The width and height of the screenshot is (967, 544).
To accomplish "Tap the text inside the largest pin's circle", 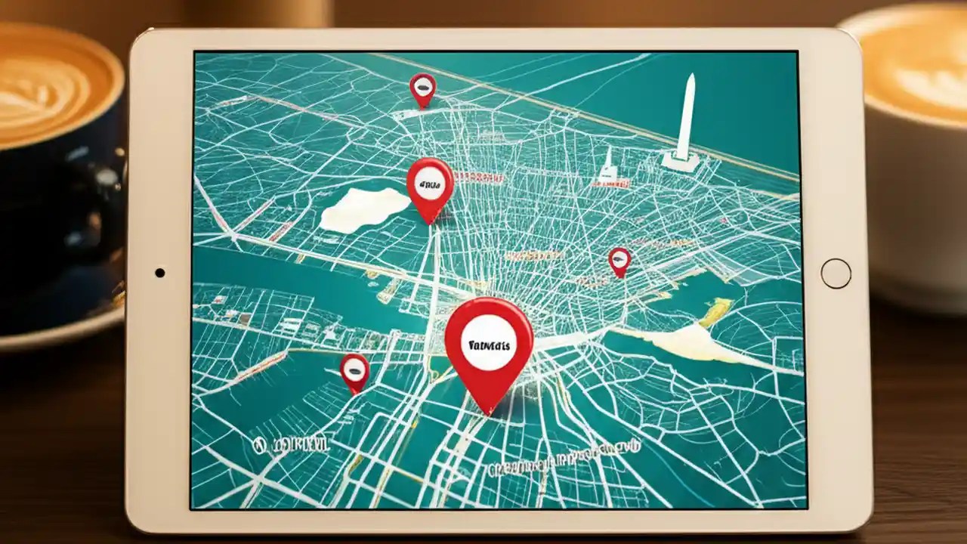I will click(x=489, y=344).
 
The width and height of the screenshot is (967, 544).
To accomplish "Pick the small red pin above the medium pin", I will click(x=422, y=88).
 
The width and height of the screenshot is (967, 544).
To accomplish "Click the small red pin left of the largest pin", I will click(x=354, y=371).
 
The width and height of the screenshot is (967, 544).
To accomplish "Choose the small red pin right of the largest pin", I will click(x=619, y=261).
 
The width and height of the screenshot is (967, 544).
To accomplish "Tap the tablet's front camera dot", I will click(x=159, y=272).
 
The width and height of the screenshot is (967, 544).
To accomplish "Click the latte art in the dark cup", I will click(x=45, y=87).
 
